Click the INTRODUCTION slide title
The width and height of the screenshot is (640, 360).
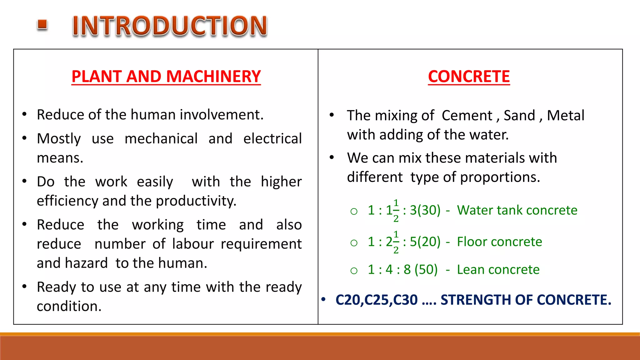tap(170, 26)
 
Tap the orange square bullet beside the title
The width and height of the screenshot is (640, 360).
tap(42, 25)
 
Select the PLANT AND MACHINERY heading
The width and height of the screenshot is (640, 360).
tap(166, 77)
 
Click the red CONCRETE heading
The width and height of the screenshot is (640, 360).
tap(469, 77)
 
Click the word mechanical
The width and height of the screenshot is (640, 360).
tap(161, 139)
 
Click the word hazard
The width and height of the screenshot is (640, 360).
tap(86, 263)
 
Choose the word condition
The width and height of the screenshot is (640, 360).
tap(69, 306)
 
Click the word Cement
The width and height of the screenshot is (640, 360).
tap(467, 116)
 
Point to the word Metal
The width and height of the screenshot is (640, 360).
tap(566, 116)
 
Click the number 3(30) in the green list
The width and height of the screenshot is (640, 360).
tap(425, 210)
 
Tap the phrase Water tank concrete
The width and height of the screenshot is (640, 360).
tap(517, 210)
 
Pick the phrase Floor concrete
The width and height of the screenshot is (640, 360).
tap(499, 242)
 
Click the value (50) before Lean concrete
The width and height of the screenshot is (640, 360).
tap(426, 270)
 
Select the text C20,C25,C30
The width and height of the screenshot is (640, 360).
tap(376, 300)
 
